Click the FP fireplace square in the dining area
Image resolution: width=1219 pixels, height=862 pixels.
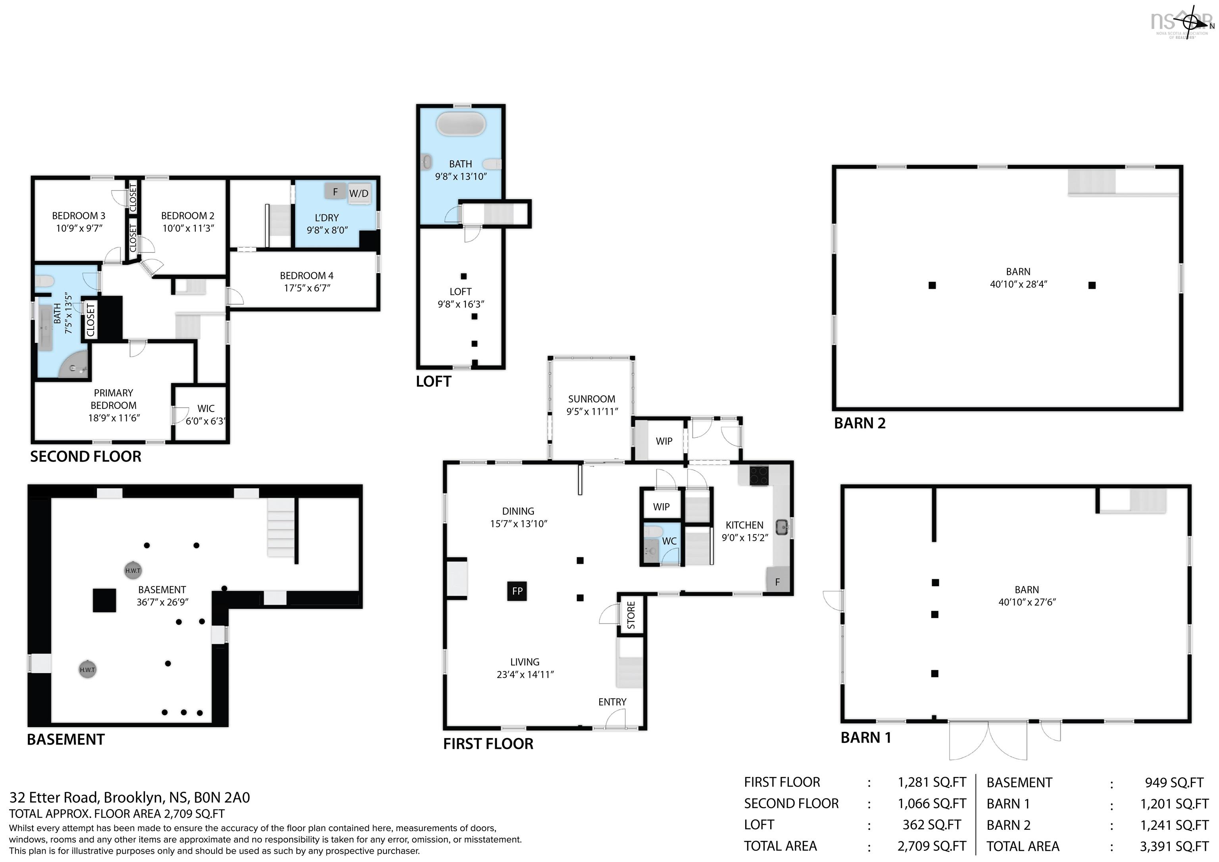click(517, 591)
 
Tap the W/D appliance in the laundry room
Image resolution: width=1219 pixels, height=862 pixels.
click(358, 193)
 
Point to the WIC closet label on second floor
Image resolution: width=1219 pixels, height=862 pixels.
click(206, 408)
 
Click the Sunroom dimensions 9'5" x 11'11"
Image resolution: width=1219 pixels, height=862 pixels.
click(592, 411)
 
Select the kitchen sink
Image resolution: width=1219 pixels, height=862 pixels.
click(782, 527)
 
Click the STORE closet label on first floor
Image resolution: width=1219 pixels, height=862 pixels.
click(631, 615)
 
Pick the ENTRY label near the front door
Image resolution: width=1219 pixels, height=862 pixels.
click(612, 702)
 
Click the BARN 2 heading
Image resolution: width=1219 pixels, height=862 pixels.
click(859, 423)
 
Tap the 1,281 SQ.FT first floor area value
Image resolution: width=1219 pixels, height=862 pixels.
click(932, 782)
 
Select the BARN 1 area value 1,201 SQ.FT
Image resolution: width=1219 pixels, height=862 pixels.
click(1175, 804)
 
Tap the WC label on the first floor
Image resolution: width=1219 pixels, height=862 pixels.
click(669, 541)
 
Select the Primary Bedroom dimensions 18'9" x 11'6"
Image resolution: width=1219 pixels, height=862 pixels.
click(113, 418)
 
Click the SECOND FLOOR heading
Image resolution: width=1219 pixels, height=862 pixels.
click(85, 457)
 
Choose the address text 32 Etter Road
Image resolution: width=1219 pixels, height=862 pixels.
click(54, 798)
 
